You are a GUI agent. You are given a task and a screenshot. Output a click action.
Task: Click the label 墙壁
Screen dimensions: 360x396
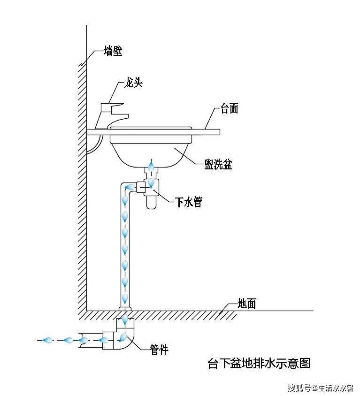(113, 51)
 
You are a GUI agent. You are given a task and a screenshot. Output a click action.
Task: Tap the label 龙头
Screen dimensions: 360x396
(133, 82)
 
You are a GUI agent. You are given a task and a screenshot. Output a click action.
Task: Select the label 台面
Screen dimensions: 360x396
(230, 108)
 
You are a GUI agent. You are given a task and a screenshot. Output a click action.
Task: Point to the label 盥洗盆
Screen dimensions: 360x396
(218, 164)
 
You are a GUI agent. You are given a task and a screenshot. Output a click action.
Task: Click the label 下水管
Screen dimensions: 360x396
(189, 202)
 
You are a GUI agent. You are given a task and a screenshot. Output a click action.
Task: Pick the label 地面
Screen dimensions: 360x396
(246, 303)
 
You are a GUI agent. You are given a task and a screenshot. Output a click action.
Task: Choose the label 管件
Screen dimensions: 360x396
(159, 350)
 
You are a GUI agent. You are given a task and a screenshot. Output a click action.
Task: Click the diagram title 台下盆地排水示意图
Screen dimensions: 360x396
(259, 364)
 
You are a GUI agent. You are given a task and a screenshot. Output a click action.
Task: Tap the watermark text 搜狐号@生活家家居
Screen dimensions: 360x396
(320, 388)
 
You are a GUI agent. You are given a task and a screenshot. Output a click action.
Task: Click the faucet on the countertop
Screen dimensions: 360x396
(111, 116)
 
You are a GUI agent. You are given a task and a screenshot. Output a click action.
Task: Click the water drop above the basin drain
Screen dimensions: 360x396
(151, 166)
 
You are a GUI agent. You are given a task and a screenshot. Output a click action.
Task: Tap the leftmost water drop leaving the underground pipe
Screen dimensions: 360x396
(47, 340)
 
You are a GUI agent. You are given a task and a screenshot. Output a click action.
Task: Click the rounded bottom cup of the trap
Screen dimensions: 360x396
(151, 203)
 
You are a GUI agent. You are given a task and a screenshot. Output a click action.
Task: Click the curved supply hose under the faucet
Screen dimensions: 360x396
(95, 145)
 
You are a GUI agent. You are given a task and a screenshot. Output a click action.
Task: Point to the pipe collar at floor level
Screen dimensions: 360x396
(125, 308)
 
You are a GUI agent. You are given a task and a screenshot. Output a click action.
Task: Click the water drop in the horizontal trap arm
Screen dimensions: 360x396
(130, 187)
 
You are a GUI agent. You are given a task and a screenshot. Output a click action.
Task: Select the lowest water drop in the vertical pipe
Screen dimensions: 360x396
(125, 298)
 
